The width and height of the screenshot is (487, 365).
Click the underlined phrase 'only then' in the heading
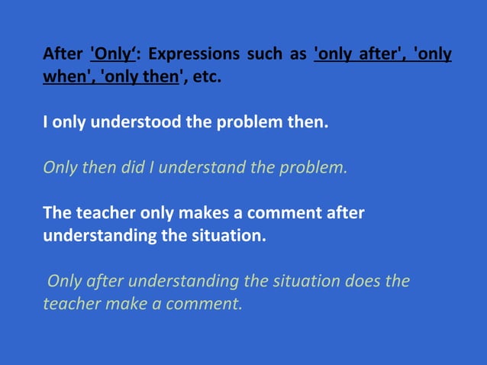(x=139, y=77)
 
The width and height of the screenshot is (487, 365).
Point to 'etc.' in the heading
(x=206, y=77)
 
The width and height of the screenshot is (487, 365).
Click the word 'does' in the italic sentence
(x=363, y=280)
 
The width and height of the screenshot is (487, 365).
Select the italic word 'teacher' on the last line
(x=72, y=303)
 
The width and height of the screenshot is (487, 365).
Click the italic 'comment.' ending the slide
(x=205, y=303)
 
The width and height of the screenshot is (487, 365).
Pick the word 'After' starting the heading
(x=63, y=55)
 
